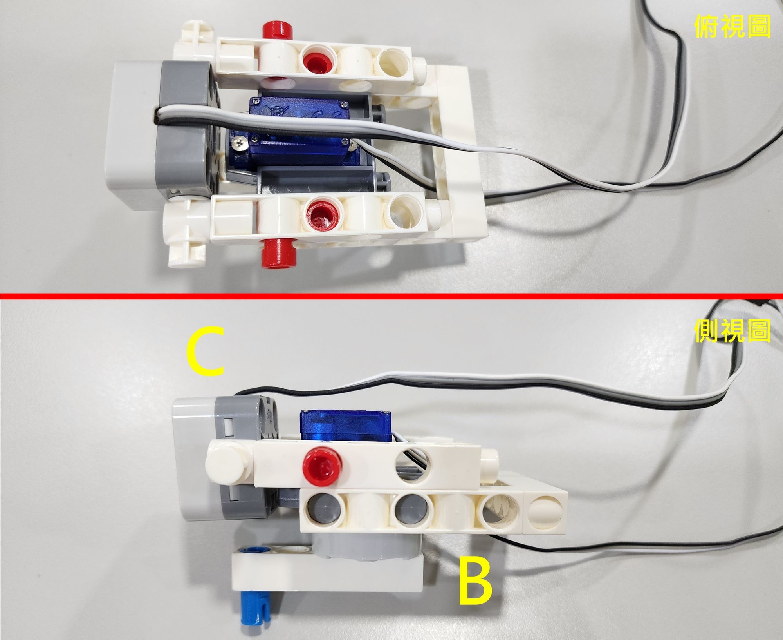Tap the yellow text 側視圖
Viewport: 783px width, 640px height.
pyautogui.click(x=732, y=331)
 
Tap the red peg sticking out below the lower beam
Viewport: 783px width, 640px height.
pyautogui.click(x=280, y=254)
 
